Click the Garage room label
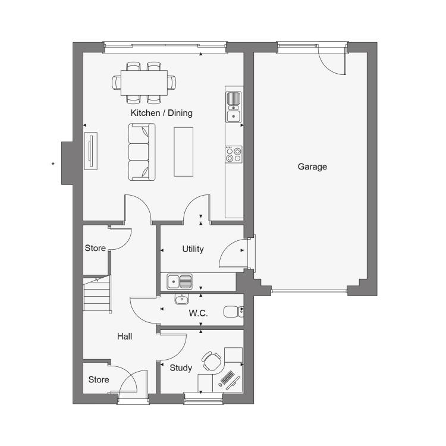tap(312, 167)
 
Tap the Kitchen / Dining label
tap(162, 113)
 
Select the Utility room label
tap(193, 249)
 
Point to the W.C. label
tap(198, 313)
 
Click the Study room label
tap(181, 368)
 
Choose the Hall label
tap(125, 337)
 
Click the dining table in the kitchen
tap(144, 83)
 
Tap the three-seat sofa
tap(142, 152)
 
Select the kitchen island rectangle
tap(184, 152)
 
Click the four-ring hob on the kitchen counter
tap(234, 155)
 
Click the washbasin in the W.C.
tap(181, 299)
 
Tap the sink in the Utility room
tap(180, 282)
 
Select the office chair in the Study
tap(212, 361)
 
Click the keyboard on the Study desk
tap(227, 378)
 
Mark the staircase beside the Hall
tap(97, 294)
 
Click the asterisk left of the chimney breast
tap(53, 164)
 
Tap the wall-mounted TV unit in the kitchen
tap(91, 151)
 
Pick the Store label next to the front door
tap(99, 379)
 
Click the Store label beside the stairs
tap(95, 248)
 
